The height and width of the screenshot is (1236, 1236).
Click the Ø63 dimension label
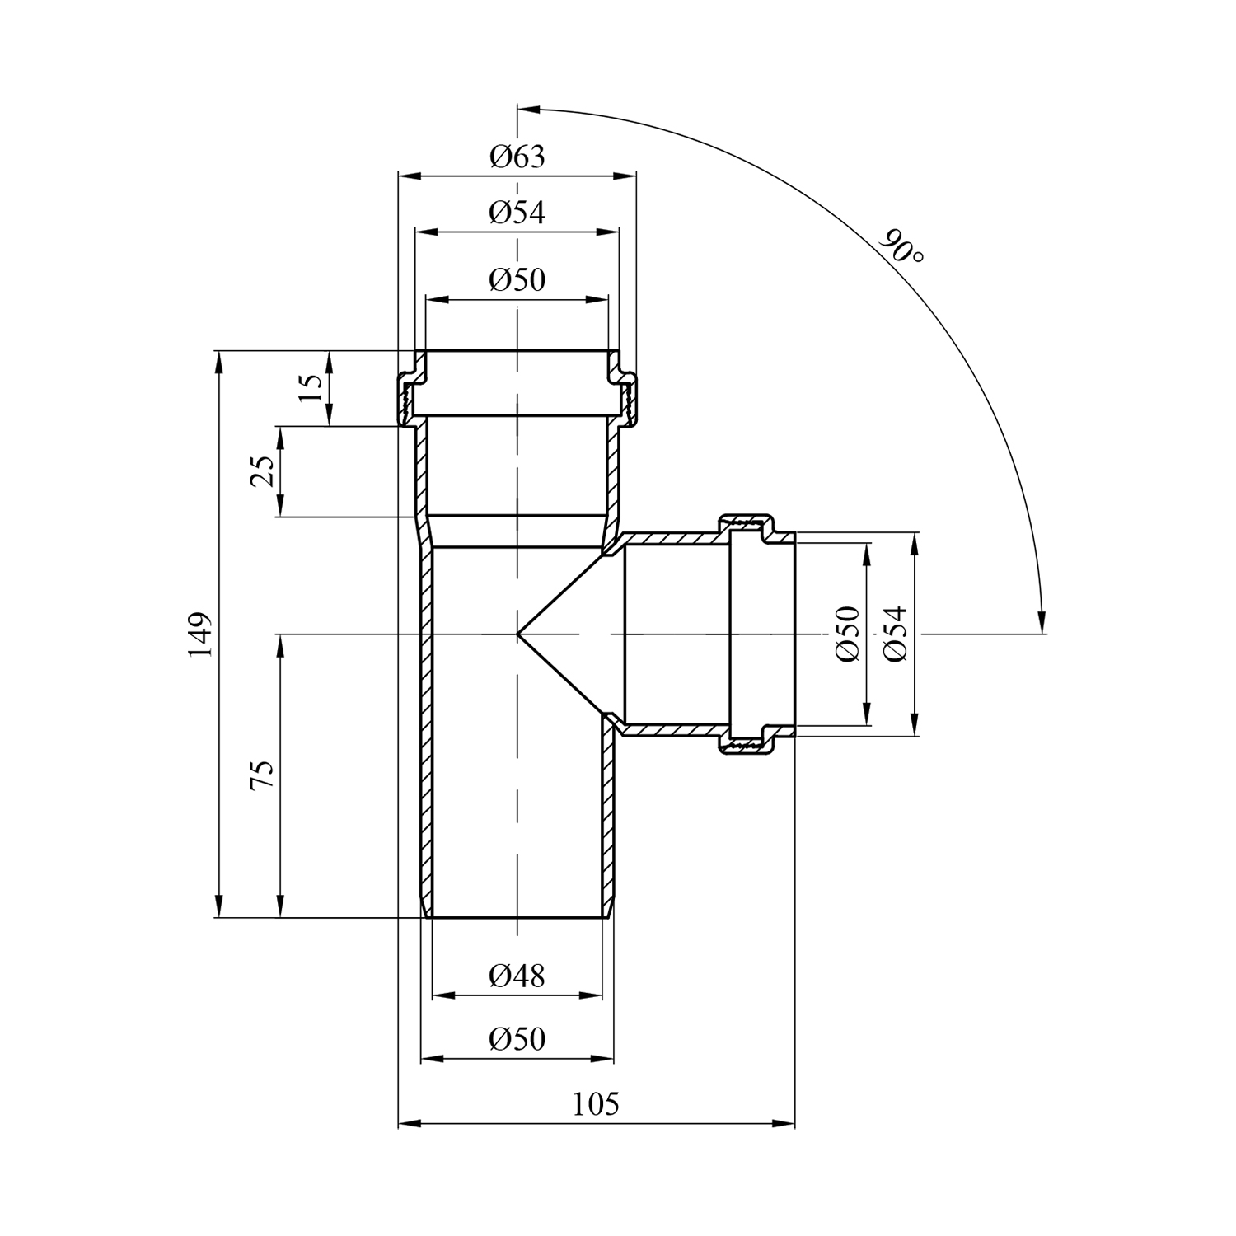tap(517, 156)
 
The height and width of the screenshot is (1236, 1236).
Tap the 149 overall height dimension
tap(200, 634)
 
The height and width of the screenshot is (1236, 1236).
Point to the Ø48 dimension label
tap(517, 976)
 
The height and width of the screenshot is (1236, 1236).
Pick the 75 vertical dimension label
tap(261, 775)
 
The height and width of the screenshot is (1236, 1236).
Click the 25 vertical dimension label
tap(261, 471)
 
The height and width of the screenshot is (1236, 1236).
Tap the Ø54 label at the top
tap(517, 213)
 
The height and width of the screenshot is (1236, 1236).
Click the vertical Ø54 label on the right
tap(895, 633)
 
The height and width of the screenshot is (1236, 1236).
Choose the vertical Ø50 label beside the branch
tap(847, 633)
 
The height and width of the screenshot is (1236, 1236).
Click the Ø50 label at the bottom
tap(517, 1038)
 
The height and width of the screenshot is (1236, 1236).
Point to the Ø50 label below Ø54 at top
tap(517, 280)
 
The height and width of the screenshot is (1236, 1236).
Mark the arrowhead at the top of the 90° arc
tap(527, 108)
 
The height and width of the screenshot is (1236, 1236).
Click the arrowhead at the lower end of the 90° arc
tap(1042, 623)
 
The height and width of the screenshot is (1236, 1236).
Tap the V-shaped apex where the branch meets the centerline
tap(519, 634)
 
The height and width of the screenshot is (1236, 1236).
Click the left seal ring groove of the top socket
tap(405, 400)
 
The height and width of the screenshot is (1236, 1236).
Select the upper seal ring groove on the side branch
tap(746, 522)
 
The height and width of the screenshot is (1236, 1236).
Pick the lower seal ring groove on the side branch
tap(746, 745)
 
